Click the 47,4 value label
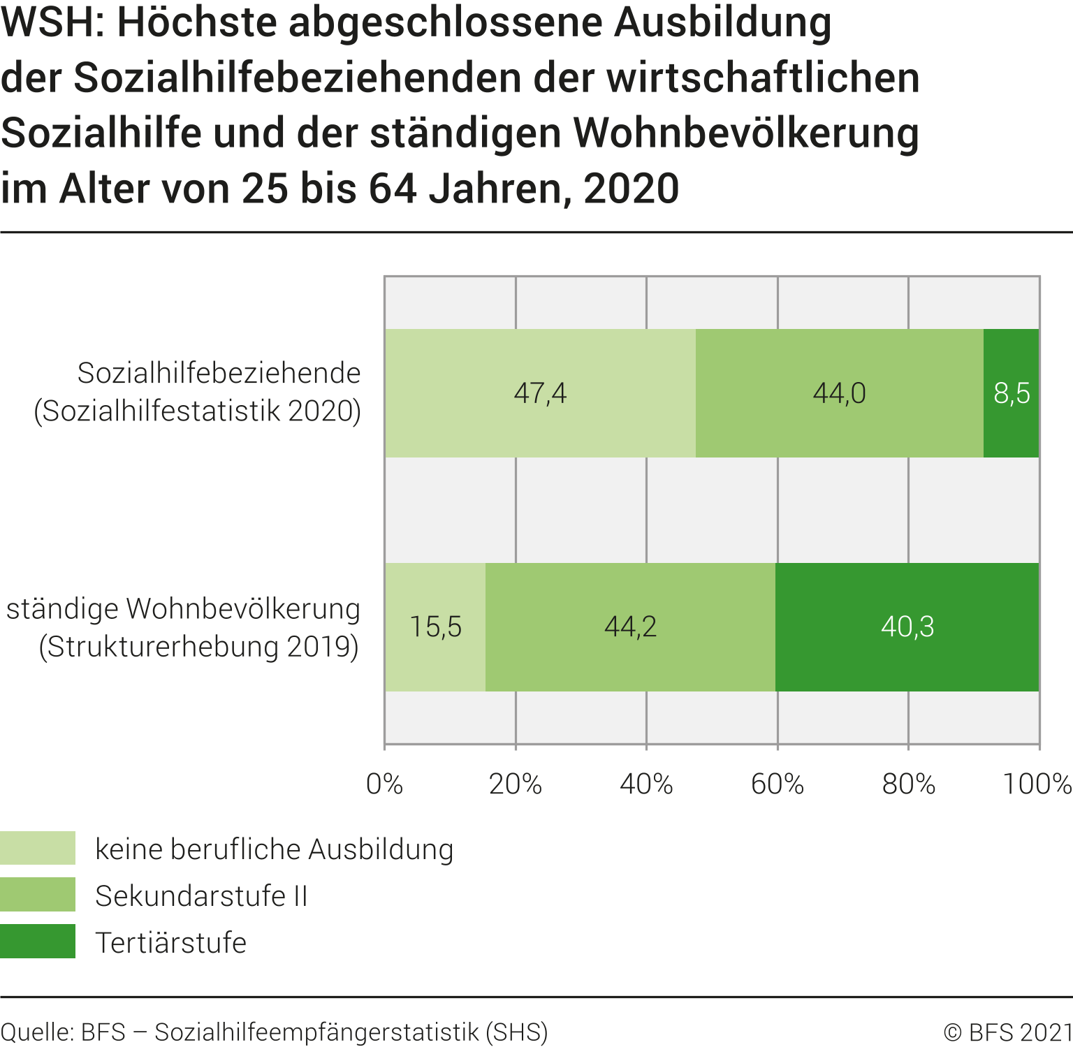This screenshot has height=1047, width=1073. pyautogui.click(x=540, y=393)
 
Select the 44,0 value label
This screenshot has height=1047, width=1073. pyautogui.click(x=839, y=393)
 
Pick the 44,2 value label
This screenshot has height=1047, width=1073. pyautogui.click(x=630, y=627)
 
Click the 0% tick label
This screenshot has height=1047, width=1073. pyautogui.click(x=384, y=784)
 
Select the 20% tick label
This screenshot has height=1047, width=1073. pyautogui.click(x=516, y=784)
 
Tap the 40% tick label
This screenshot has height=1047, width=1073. pyautogui.click(x=646, y=784)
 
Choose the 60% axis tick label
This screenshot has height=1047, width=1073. pyautogui.click(x=778, y=784)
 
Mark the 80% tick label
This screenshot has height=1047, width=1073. pyautogui.click(x=908, y=784)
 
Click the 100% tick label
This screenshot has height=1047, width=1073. pyautogui.click(x=1037, y=784)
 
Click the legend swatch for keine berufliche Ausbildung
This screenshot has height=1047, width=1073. pyautogui.click(x=38, y=848)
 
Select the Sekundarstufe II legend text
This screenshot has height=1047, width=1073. pyautogui.click(x=201, y=895)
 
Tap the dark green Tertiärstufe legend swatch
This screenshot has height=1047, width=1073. pyautogui.click(x=38, y=941)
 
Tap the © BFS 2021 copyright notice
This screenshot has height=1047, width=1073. pyautogui.click(x=1007, y=1032)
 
